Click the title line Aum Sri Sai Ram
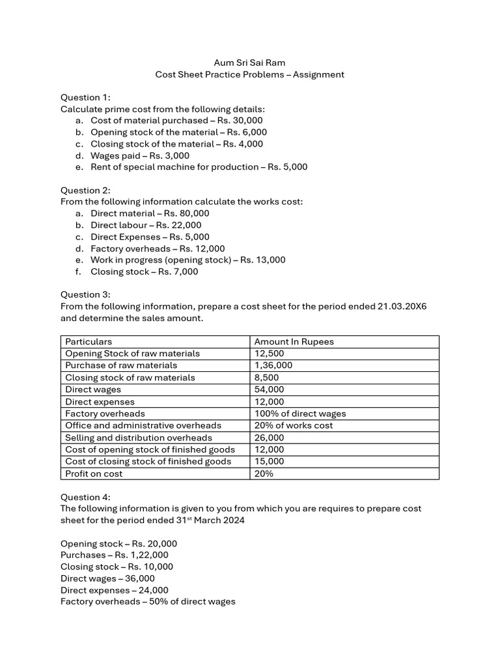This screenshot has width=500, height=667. [x=249, y=63]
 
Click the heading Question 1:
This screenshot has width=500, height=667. [x=85, y=97]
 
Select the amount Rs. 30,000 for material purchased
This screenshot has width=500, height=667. [x=240, y=121]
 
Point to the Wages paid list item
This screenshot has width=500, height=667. [x=140, y=156]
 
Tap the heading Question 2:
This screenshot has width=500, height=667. [x=85, y=190]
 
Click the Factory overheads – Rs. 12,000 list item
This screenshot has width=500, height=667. [x=158, y=248]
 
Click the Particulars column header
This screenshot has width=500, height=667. [x=89, y=341]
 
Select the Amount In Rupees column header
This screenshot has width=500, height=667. [x=294, y=341]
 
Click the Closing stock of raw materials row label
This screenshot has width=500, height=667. [x=130, y=378]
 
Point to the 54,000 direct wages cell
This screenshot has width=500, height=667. [x=269, y=390]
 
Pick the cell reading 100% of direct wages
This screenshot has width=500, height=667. [x=299, y=414]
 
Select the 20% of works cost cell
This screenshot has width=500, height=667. [x=293, y=425]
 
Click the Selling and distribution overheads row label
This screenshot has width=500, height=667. [x=139, y=438]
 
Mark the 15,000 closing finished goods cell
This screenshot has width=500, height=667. [x=269, y=461]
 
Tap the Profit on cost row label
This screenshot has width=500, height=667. [x=94, y=474]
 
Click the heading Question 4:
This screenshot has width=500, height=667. [x=85, y=497]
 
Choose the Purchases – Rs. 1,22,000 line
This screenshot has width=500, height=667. [x=114, y=555]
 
